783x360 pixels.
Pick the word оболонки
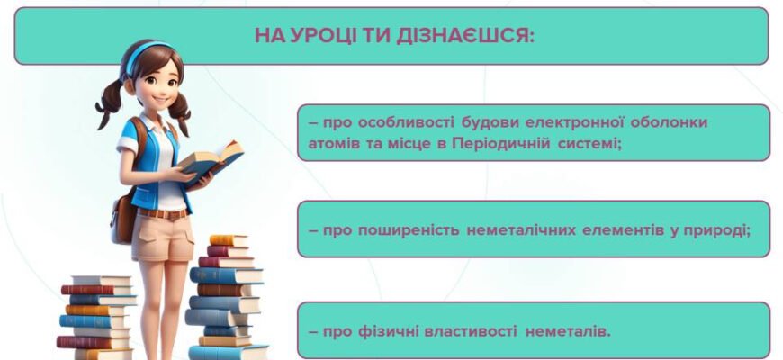(x=695, y=121)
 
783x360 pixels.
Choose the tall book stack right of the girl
(x=225, y=297)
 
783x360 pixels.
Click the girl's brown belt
(x=165, y=213)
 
